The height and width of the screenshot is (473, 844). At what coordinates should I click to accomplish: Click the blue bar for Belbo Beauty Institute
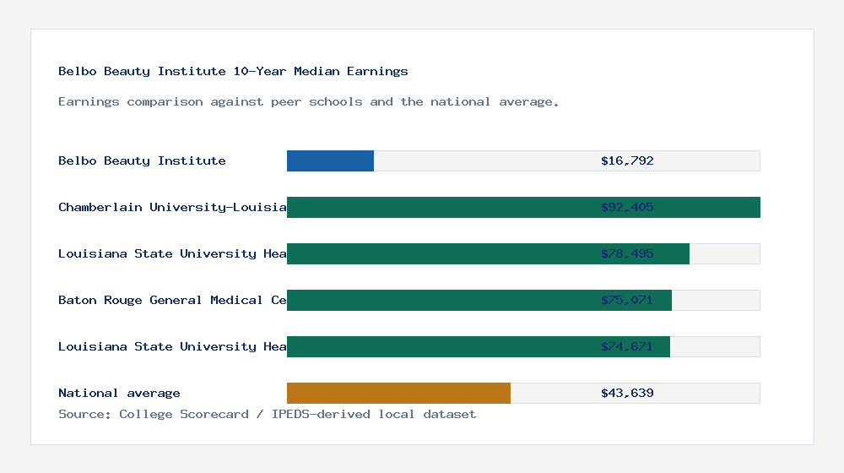click(330, 160)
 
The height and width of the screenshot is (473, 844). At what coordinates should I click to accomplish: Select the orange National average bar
click(398, 393)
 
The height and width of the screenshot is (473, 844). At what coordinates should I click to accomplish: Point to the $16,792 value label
click(627, 160)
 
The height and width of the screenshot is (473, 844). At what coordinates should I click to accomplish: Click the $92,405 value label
click(627, 207)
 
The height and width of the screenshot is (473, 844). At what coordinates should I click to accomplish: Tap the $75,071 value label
click(627, 300)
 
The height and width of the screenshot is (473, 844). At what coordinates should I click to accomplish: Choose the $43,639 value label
click(627, 393)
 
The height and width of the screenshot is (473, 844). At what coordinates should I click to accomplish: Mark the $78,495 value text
click(627, 253)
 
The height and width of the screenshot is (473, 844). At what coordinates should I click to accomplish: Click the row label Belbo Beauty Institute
click(142, 160)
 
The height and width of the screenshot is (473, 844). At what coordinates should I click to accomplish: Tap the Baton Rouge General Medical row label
click(172, 300)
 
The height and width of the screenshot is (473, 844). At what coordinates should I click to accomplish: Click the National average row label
click(119, 393)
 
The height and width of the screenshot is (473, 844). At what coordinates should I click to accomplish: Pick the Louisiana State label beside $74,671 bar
click(172, 346)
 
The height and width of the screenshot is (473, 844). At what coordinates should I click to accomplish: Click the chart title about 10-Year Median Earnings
click(233, 72)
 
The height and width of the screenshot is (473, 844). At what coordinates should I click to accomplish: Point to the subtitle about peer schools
click(308, 102)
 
